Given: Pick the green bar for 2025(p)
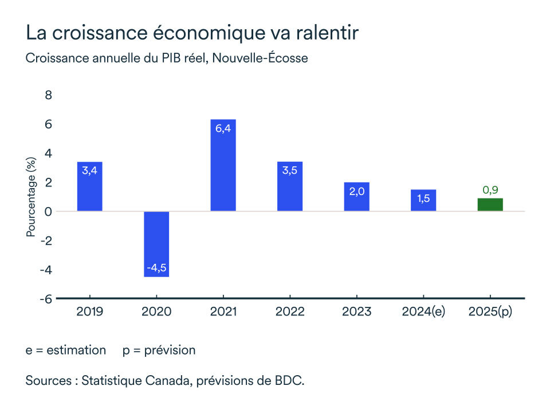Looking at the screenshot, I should (490, 205).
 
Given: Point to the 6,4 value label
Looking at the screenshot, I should (223, 128).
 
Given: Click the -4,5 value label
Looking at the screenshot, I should (156, 268).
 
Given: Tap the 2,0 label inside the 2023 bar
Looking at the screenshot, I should (356, 192).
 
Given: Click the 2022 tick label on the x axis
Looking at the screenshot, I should (290, 311).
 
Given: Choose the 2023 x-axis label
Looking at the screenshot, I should (356, 311).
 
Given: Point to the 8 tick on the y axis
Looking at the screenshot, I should (49, 95).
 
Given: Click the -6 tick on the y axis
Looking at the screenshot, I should (46, 299).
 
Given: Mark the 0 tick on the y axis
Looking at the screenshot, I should (49, 212).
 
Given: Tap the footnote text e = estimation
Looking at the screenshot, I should (65, 350).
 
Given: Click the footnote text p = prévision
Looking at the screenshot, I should (159, 350).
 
